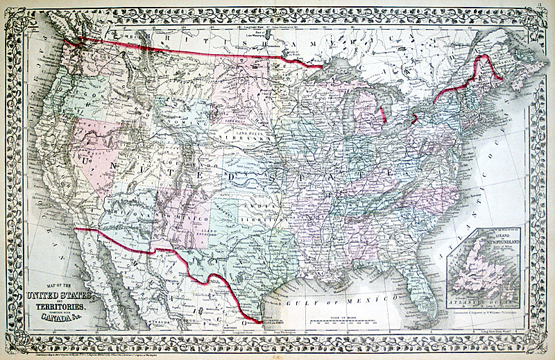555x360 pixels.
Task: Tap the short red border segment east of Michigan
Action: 414,119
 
